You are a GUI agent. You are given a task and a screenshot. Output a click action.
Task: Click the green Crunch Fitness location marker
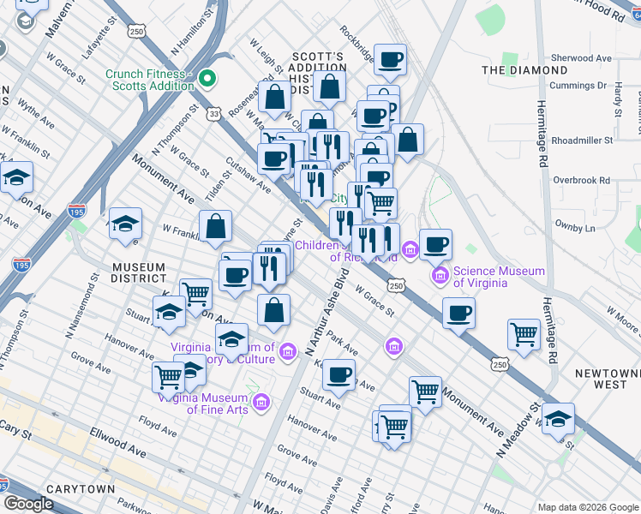pos(207,81)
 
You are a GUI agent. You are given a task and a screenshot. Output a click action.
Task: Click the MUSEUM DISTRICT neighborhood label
pos(138,272)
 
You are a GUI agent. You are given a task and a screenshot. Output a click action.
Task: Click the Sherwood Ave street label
pos(582,58)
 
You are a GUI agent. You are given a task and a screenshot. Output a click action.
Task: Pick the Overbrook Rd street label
pos(581,181)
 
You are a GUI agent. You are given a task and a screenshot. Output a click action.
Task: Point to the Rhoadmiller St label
pos(583,140)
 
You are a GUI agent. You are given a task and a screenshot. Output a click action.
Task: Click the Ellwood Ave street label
pos(114,448)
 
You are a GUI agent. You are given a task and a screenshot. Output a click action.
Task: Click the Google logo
pos(29,504)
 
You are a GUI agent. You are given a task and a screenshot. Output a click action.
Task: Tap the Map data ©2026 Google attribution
pos(586,507)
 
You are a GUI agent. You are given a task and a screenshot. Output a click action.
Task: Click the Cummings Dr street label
pos(578,86)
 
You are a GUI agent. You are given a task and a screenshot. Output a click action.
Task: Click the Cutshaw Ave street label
pos(248,174)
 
